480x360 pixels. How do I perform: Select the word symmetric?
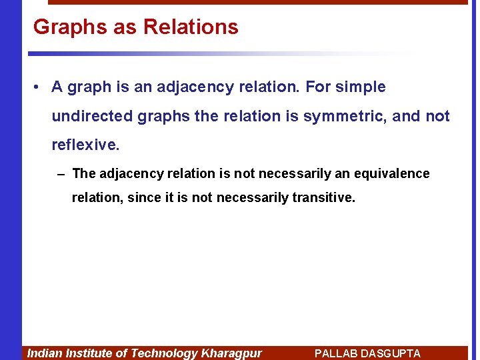[345, 117]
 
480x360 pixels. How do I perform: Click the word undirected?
[92, 117]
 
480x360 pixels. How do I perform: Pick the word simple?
[361, 87]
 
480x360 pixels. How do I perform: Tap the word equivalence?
[395, 174]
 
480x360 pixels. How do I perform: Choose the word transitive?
[323, 198]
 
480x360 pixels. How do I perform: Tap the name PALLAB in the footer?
[336, 353]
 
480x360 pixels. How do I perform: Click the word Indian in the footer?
[43, 353]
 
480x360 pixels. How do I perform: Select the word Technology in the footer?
[165, 353]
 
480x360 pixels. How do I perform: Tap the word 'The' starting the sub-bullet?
[84, 174]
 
